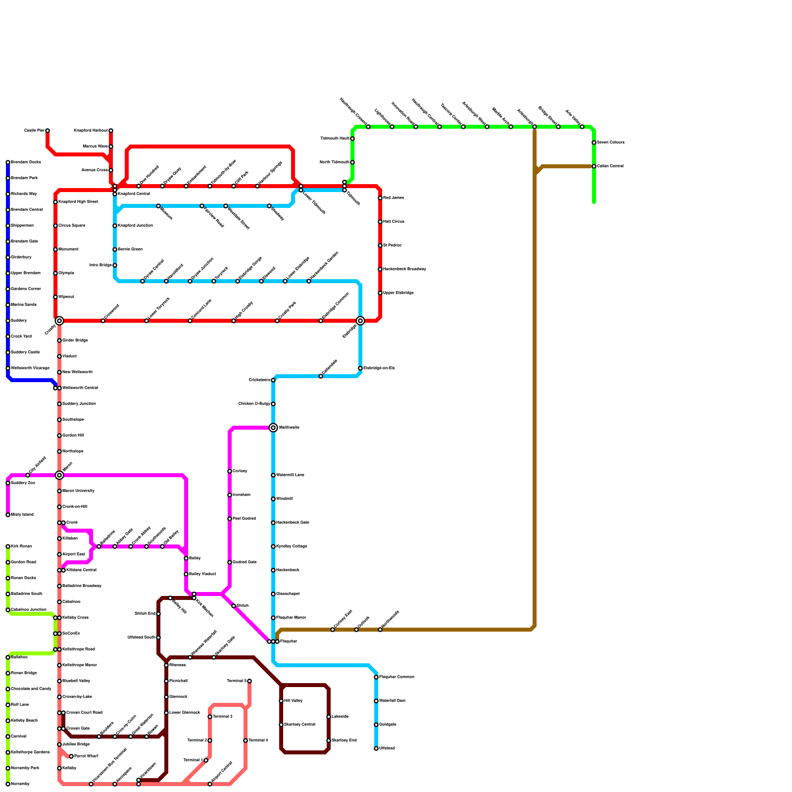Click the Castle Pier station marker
click(48, 131)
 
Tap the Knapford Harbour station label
click(91, 131)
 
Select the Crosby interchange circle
click(59, 321)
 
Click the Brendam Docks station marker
click(8, 162)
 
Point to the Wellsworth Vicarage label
click(30, 368)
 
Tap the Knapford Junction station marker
click(115, 226)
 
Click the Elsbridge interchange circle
click(360, 321)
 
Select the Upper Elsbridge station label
click(398, 293)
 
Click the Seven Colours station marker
click(594, 143)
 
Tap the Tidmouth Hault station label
click(335, 139)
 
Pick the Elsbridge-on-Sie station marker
click(360, 368)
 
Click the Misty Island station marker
click(8, 515)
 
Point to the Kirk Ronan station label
click(21, 546)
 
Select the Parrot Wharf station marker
click(71, 756)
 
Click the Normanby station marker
click(8, 784)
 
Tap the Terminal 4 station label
click(258, 741)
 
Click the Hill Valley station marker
click(281, 701)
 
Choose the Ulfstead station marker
click(376, 748)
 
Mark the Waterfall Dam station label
click(392, 701)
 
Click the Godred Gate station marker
click(230, 562)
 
